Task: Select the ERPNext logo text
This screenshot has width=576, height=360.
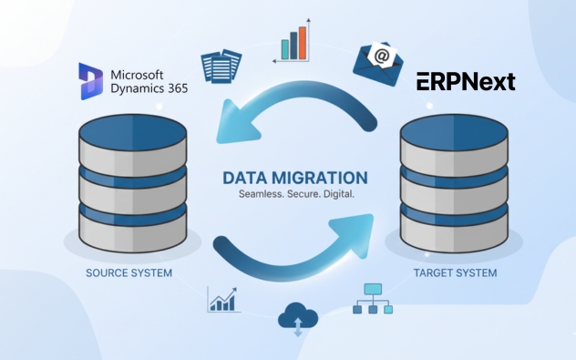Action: point(466,82)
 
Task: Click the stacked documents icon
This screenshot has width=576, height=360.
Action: point(221,65)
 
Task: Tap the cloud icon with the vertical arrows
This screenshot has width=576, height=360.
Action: point(297,318)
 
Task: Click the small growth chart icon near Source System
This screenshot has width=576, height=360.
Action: point(223,299)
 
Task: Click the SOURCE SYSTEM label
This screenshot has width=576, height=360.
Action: point(129,273)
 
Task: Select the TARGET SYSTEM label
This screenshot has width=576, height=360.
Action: point(454,273)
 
